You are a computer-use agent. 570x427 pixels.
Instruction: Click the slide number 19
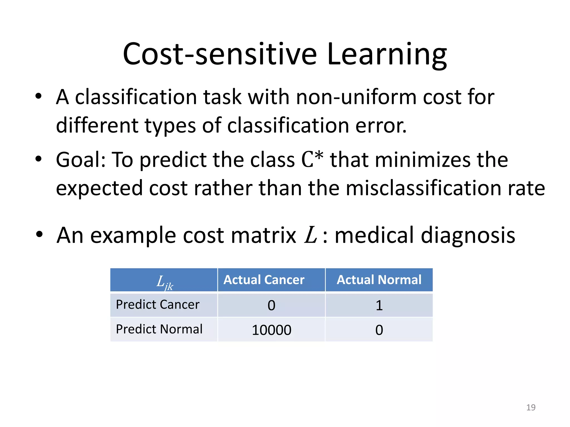pos(531,407)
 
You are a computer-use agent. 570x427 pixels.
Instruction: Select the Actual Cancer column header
pos(264,280)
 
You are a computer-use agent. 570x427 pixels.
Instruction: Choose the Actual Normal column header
pos(379,280)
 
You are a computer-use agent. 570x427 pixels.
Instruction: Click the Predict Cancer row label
pos(158,305)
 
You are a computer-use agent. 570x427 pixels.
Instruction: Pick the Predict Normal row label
pos(159,329)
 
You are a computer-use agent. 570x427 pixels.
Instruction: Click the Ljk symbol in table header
pos(164,282)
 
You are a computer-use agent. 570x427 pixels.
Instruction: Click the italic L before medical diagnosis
pos(311,235)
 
